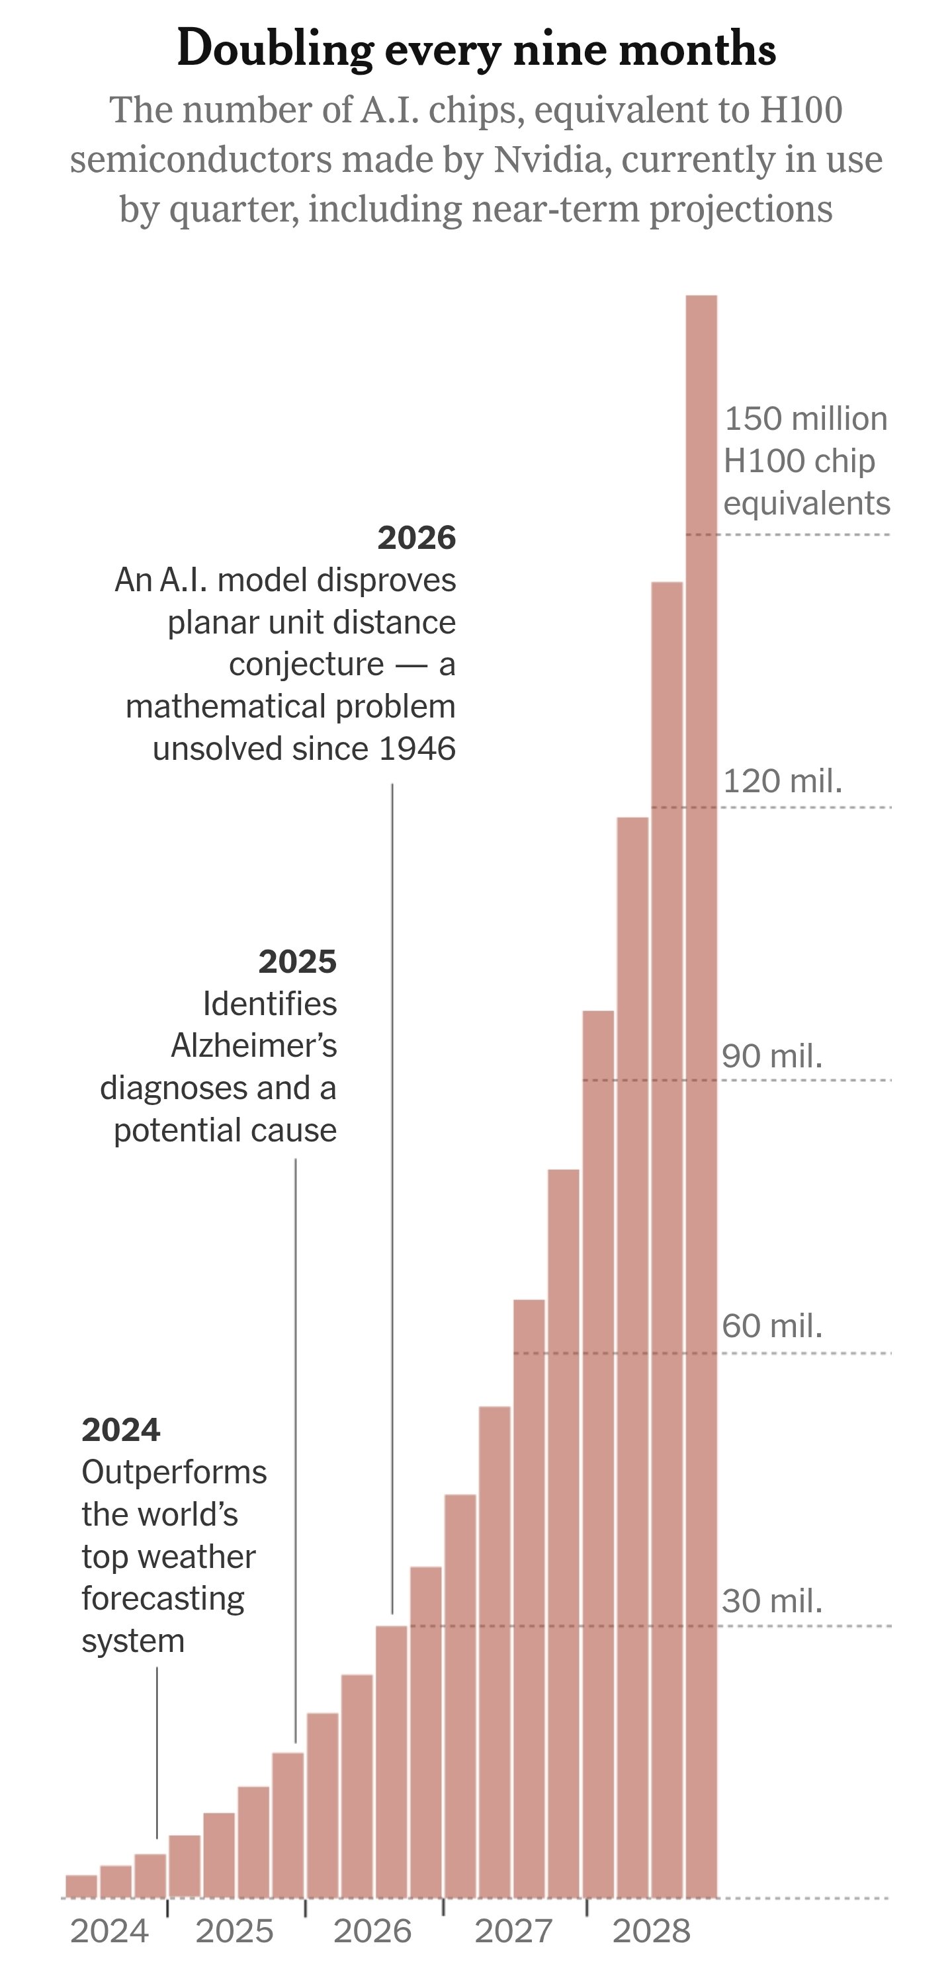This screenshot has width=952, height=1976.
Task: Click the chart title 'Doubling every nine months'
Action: (x=476, y=49)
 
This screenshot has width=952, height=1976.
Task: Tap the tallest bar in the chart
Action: (x=701, y=1096)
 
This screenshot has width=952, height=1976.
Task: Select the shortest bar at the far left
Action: (x=81, y=1886)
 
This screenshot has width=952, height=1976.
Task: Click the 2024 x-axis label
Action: (x=109, y=1931)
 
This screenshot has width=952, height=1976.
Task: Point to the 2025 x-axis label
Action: (x=234, y=1931)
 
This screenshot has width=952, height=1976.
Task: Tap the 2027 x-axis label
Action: (x=513, y=1931)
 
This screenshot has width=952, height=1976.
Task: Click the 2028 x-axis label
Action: (x=651, y=1931)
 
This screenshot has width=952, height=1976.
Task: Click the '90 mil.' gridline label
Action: (x=772, y=1055)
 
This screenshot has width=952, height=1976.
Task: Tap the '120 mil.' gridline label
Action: (x=783, y=781)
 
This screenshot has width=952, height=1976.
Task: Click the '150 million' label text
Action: (x=806, y=419)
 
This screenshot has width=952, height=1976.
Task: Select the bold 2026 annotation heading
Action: (x=417, y=538)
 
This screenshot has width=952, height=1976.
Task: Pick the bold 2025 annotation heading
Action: (x=297, y=961)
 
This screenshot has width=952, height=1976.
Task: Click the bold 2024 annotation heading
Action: (x=120, y=1430)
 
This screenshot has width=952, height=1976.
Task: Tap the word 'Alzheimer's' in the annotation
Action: (x=254, y=1046)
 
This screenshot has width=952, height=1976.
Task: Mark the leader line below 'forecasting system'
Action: (x=157, y=1752)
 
